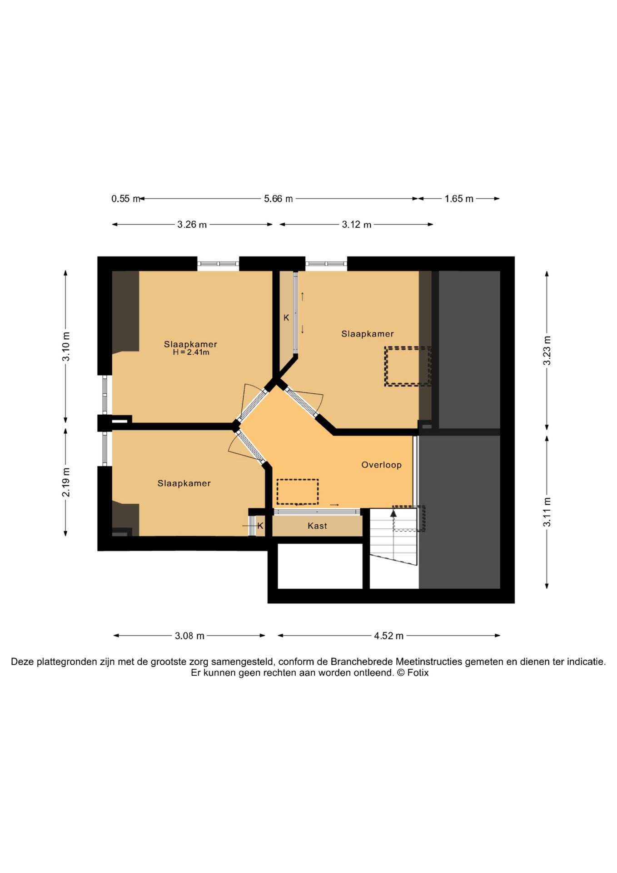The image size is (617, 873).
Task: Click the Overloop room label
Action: click(x=381, y=465)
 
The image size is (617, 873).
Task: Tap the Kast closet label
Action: click(x=317, y=526)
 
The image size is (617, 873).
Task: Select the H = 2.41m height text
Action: click(x=191, y=352)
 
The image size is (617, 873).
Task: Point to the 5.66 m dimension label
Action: click(x=279, y=199)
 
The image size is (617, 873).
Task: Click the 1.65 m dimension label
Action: click(x=459, y=199)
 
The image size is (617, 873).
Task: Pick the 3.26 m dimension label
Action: click(x=192, y=225)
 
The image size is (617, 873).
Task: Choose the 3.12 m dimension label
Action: click(x=357, y=225)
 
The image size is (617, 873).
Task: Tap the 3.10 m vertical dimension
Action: click(x=66, y=346)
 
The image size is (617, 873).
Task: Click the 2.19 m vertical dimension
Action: click(x=66, y=482)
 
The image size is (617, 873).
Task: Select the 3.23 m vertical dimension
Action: click(x=547, y=350)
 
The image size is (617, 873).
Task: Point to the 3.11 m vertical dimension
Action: click(x=547, y=512)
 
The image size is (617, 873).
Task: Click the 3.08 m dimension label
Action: click(x=189, y=636)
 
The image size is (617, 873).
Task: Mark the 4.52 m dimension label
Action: click(x=389, y=636)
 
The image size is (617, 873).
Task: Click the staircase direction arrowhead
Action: click(x=393, y=513)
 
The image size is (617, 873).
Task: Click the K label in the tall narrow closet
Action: click(x=286, y=318)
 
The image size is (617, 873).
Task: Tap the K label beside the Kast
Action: click(x=260, y=526)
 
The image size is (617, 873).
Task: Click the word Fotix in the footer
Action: click(x=418, y=673)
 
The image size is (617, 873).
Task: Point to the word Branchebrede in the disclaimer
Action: click(x=362, y=662)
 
